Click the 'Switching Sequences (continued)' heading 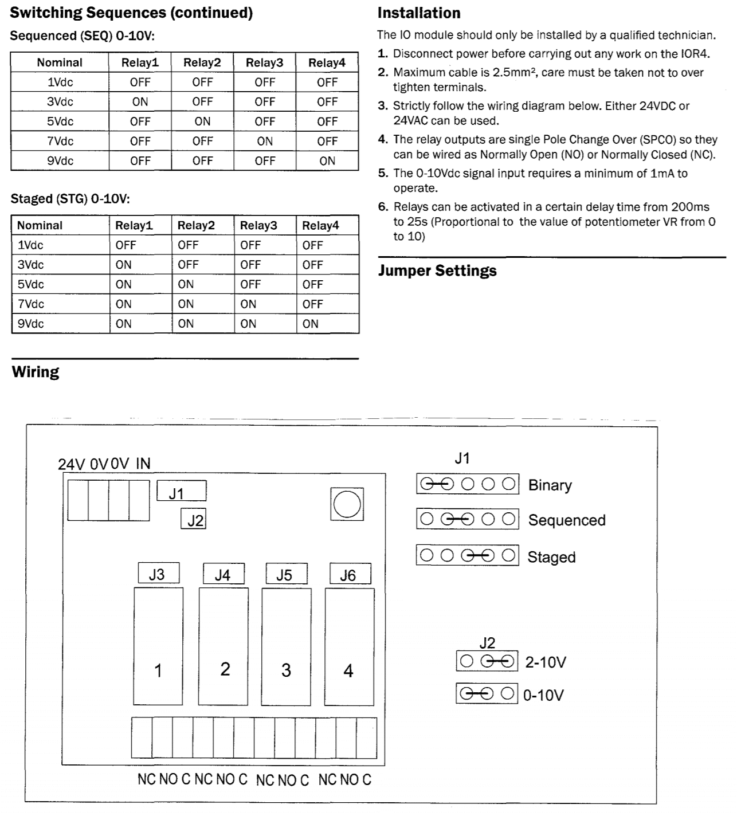[x=131, y=13]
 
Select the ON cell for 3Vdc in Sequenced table [x=140, y=102]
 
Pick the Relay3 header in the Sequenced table [x=264, y=62]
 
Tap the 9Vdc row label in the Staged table [x=30, y=324]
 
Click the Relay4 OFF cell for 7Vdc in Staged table [x=312, y=304]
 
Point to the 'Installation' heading [x=419, y=13]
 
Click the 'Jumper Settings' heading [x=437, y=271]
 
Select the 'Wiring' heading [x=36, y=372]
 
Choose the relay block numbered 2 [x=224, y=646]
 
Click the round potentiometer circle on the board [x=347, y=505]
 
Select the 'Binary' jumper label [x=550, y=485]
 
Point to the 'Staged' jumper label [x=551, y=557]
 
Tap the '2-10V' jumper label [x=546, y=662]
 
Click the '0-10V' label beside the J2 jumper [x=543, y=695]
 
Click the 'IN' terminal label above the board [x=143, y=464]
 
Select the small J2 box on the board [x=193, y=519]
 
